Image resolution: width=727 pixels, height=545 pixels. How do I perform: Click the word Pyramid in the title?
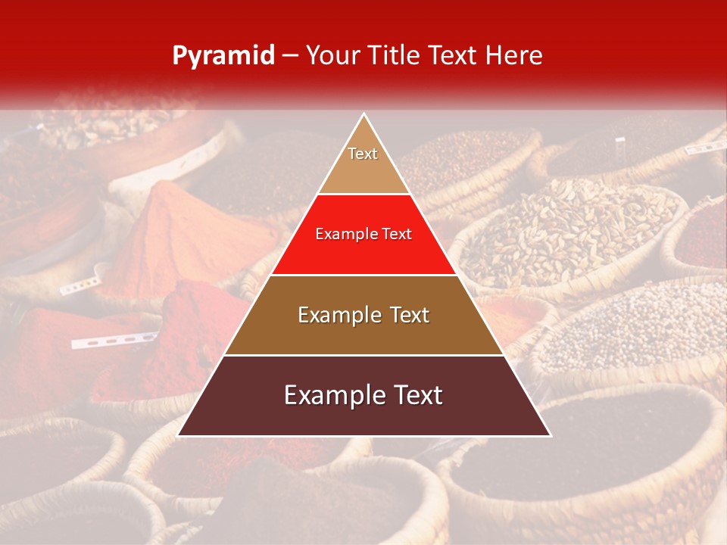223,56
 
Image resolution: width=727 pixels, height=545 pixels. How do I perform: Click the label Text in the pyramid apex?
363,154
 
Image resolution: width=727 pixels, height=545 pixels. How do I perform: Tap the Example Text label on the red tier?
363,234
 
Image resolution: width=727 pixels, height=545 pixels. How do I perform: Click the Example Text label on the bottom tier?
363,395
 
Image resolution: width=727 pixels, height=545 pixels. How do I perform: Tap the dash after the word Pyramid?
290,56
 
